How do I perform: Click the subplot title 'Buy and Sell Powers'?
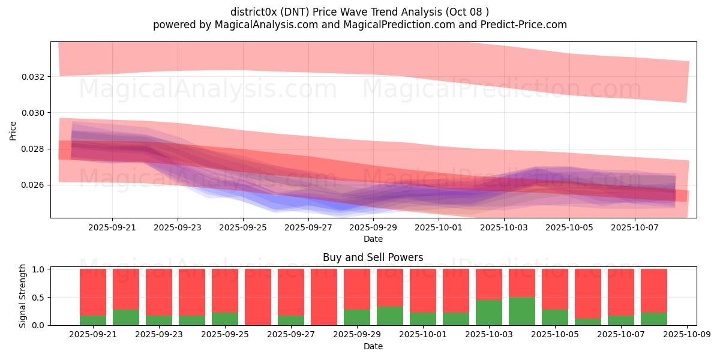(373, 257)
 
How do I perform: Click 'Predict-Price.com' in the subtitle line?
(521, 25)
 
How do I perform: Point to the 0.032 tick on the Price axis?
(35, 77)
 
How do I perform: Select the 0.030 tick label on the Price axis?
(35, 113)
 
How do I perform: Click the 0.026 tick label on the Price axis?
(35, 185)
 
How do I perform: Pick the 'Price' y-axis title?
(13, 130)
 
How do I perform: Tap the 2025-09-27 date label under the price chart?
(308, 228)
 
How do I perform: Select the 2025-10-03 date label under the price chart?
(504, 228)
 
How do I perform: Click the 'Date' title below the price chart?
(373, 239)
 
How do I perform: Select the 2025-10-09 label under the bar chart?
(685, 335)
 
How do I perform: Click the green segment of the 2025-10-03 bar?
(489, 313)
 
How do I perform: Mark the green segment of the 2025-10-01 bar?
(423, 319)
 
